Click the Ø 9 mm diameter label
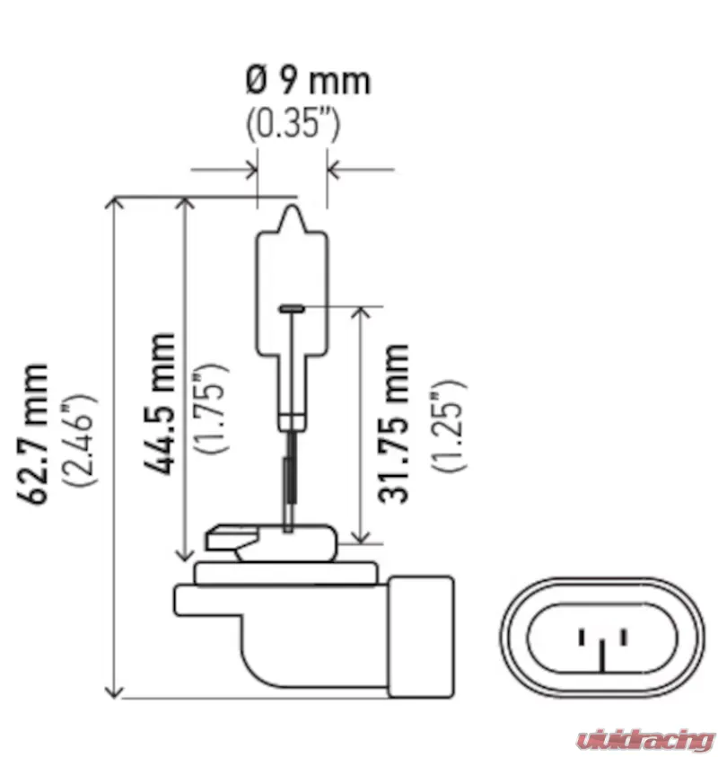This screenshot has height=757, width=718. (x=308, y=81)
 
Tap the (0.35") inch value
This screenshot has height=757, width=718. (x=293, y=124)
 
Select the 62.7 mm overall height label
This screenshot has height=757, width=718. (x=33, y=434)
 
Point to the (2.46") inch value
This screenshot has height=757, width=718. (x=79, y=440)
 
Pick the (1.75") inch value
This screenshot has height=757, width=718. (x=210, y=407)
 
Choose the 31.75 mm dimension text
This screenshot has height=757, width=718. (x=393, y=423)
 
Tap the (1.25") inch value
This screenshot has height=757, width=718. (x=448, y=425)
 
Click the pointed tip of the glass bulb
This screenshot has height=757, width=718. (x=293, y=207)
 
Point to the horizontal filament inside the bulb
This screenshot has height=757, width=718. (x=292, y=307)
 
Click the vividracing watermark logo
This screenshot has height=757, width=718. (x=644, y=739)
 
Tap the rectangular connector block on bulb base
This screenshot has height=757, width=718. (x=421, y=637)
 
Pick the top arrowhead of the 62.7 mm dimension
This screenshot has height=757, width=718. (x=114, y=202)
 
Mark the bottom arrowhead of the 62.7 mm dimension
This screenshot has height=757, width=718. (x=114, y=691)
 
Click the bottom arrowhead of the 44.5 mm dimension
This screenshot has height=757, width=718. (x=184, y=555)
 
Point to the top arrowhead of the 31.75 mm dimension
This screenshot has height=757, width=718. (x=361, y=312)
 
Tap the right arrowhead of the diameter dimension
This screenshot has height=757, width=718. (x=333, y=170)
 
